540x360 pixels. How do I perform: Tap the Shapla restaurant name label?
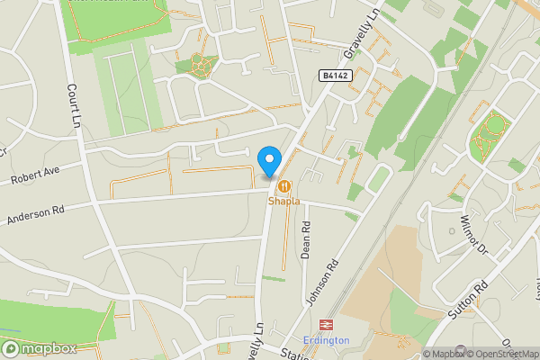pyautogui.click(x=283, y=202)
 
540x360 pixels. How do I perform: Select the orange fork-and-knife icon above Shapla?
pyautogui.click(x=283, y=186)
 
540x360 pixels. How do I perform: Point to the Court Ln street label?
pyautogui.click(x=76, y=106)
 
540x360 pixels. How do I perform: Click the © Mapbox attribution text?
pyautogui.click(x=443, y=354)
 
